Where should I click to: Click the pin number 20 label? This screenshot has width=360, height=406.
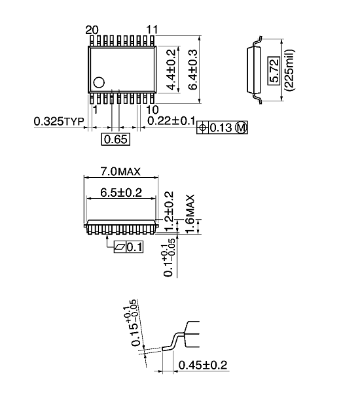point(92,29)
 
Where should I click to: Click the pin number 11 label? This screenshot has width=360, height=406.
point(152,29)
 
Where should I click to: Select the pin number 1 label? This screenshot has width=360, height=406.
point(95,110)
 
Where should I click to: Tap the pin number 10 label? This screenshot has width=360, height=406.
point(152,110)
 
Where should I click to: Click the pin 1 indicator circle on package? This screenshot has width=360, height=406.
point(99,82)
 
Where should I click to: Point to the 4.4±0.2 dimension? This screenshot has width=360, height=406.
point(171,70)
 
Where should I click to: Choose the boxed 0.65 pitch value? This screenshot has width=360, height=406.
point(115,139)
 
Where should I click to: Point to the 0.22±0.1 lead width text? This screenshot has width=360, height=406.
point(170,122)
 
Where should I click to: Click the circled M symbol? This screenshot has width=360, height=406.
point(241,128)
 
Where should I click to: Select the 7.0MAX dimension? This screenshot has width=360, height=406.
point(121,172)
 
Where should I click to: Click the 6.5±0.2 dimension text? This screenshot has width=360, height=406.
point(120,192)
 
